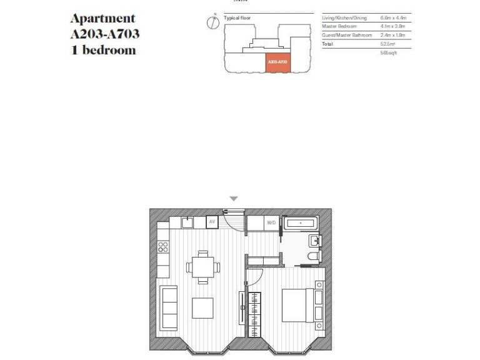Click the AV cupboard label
click(x=212, y=222)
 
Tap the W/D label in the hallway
click(x=271, y=222)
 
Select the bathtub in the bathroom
click(x=302, y=223)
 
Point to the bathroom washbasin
click(x=314, y=240)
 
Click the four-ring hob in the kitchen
click(x=162, y=248)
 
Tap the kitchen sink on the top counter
click(x=187, y=222)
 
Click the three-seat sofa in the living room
click(x=169, y=307)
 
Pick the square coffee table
click(x=203, y=308)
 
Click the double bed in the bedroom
click(x=297, y=305)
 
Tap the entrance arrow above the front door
click(x=234, y=199)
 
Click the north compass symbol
click(x=211, y=22)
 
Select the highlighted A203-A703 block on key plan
click(x=277, y=63)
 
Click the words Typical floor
click(x=237, y=18)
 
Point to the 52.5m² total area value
click(x=387, y=44)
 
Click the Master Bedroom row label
click(x=338, y=27)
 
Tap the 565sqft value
click(x=389, y=54)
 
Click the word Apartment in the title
click(x=102, y=18)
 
